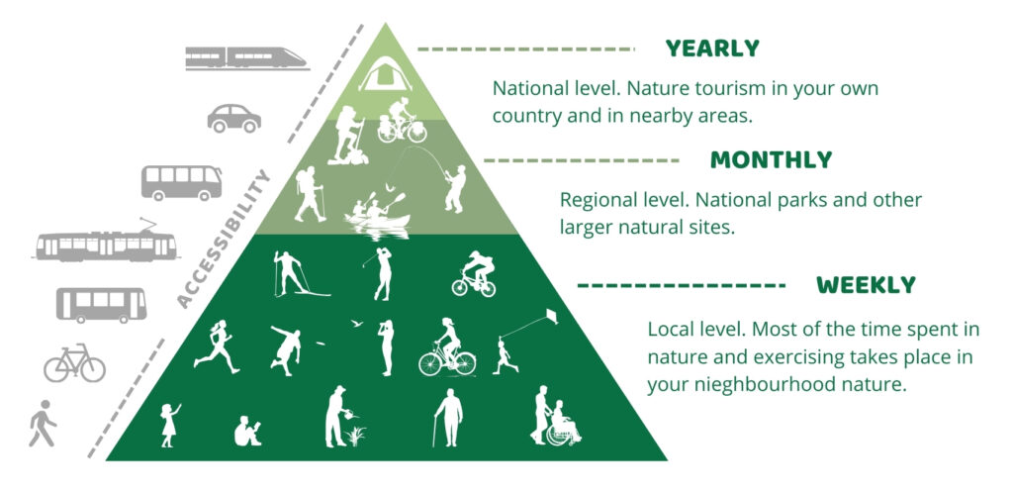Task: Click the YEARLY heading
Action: click(712, 49)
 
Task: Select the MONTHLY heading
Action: click(772, 159)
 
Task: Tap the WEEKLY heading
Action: click(866, 285)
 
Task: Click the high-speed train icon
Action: click(246, 58)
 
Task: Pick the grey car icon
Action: click(233, 118)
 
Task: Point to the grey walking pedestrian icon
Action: click(43, 424)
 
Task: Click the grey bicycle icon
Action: click(74, 362)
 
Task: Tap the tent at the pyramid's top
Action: click(386, 73)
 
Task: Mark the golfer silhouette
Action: click(383, 274)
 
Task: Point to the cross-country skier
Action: click(294, 274)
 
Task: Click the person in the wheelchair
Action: click(563, 424)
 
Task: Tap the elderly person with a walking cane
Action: click(448, 418)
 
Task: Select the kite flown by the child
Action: click(548, 317)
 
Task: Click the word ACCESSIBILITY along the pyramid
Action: click(223, 238)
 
